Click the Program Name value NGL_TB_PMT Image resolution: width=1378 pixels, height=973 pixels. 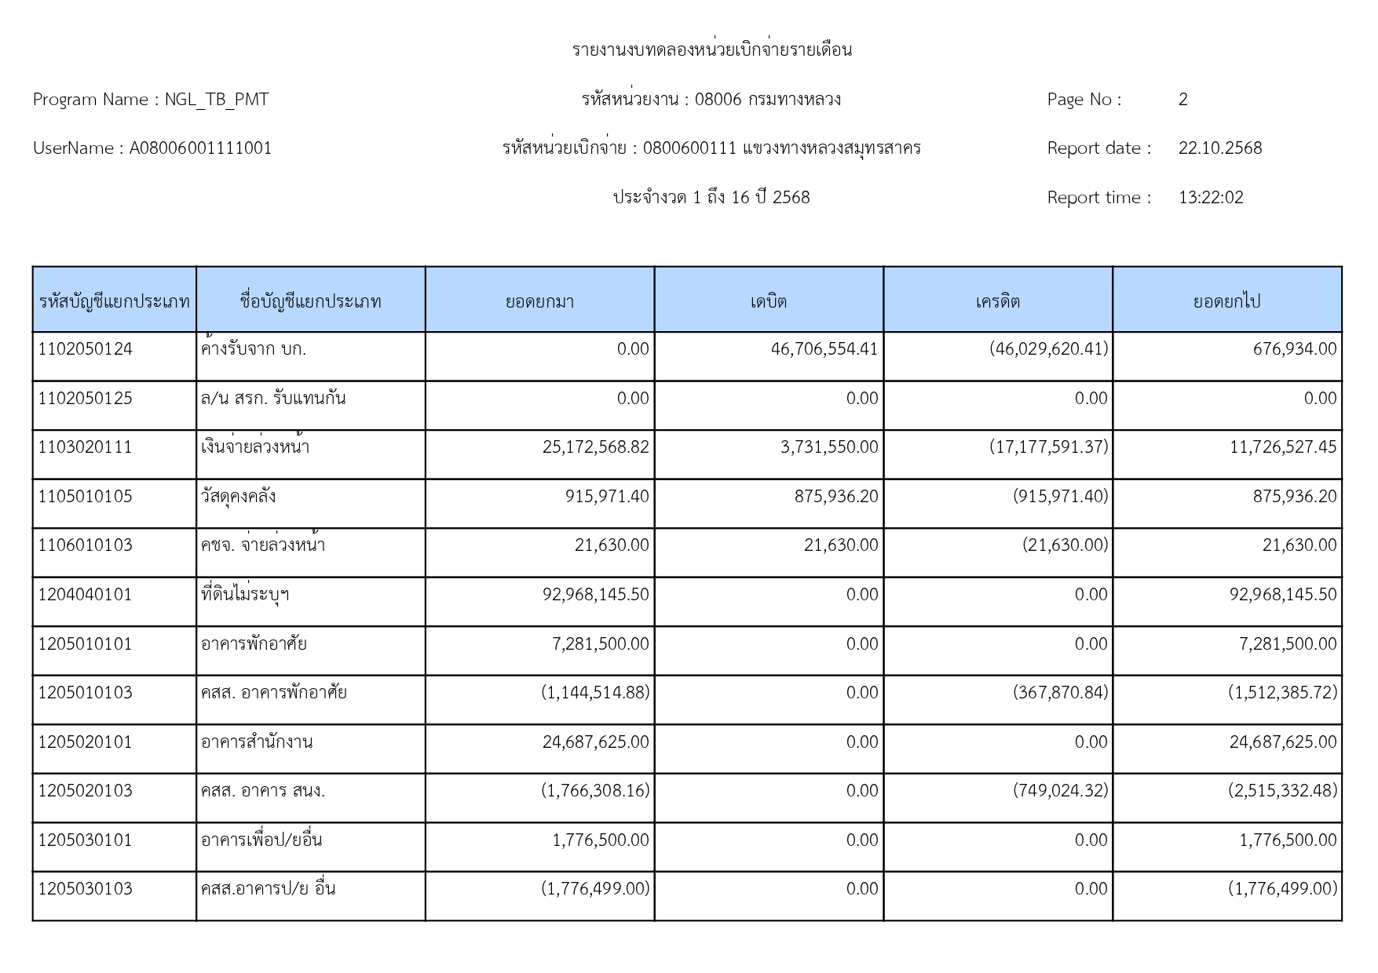(216, 100)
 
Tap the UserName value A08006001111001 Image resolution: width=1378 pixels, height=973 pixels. (200, 148)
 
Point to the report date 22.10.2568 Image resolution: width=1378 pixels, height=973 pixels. (1219, 148)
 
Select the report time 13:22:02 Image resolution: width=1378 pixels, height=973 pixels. (1210, 198)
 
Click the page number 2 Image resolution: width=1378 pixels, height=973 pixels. (1182, 100)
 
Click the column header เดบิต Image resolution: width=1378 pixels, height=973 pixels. (768, 301)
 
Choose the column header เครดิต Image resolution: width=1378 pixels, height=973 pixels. (997, 301)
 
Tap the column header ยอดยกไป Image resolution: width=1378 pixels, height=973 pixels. (1226, 301)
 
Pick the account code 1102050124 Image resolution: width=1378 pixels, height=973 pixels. (86, 349)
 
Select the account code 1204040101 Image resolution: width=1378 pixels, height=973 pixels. (86, 595)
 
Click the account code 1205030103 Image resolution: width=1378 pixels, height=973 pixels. (86, 889)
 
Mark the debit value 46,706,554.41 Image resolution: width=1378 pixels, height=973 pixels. (824, 349)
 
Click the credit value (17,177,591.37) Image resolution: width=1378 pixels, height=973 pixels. (1048, 447)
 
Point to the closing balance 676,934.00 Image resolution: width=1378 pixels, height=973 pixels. (1294, 349)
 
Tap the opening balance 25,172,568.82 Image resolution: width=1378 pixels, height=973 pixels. (595, 447)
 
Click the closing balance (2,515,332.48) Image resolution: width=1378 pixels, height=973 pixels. (1282, 791)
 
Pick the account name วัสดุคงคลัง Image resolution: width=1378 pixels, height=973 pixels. (238, 497)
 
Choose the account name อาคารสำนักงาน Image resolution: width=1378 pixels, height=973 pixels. (257, 742)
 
